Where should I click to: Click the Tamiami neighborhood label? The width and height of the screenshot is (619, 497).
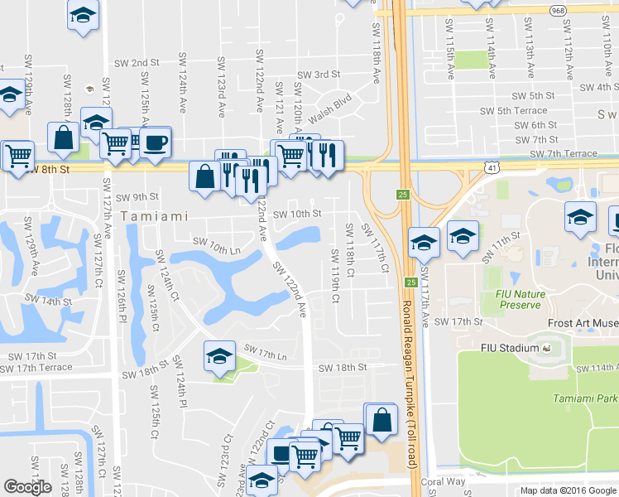150,215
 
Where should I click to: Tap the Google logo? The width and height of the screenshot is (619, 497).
27,487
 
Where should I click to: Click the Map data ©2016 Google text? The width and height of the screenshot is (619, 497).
567,490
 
